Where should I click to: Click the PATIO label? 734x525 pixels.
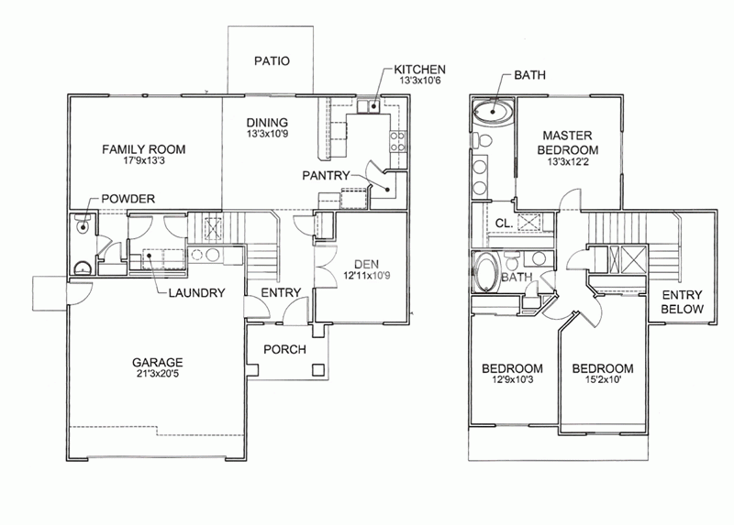tap(272, 60)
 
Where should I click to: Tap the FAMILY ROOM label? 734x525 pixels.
tap(144, 149)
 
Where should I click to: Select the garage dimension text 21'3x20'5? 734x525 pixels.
tap(157, 374)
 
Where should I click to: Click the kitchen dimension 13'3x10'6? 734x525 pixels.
tap(420, 81)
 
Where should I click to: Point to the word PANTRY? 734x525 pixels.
tap(326, 175)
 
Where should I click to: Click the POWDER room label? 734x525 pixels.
tap(128, 199)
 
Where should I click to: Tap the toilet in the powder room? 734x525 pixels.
tap(83, 224)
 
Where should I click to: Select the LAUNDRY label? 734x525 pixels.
tap(196, 293)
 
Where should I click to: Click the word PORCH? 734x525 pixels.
tap(284, 349)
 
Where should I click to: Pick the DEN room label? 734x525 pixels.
tap(366, 264)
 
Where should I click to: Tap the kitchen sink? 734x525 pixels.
tap(369, 106)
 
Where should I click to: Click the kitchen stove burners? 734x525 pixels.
tap(397, 142)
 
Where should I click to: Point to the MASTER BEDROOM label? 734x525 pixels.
tap(567, 143)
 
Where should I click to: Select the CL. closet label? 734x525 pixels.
tap(504, 224)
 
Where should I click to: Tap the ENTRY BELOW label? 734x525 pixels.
tap(682, 302)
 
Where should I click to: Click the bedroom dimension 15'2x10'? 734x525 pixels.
tap(603, 379)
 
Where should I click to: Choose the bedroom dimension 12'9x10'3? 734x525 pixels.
tap(513, 379)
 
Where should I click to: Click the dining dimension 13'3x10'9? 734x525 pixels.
tap(267, 134)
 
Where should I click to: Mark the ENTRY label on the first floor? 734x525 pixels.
tap(281, 292)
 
